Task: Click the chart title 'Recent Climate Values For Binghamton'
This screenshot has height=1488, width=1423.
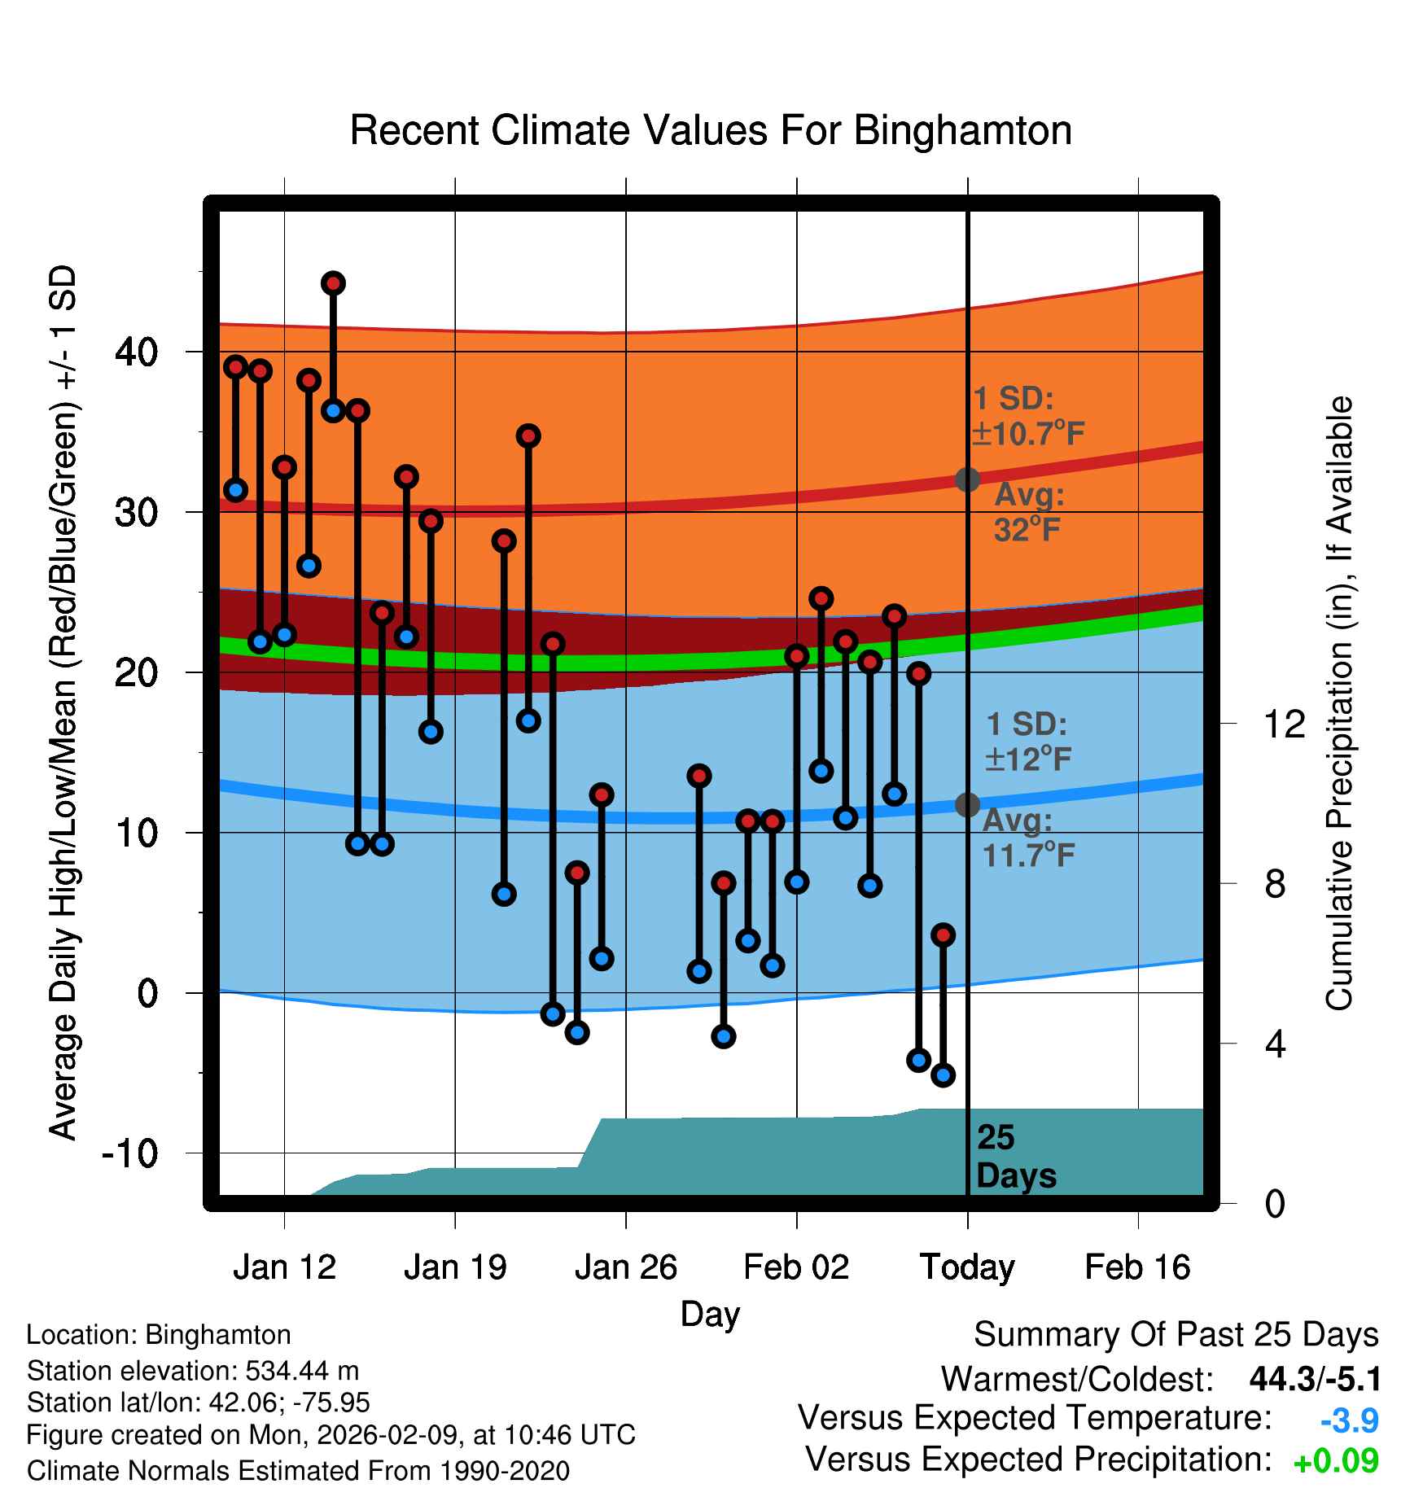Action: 711,130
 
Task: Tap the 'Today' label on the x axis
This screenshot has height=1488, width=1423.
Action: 967,1267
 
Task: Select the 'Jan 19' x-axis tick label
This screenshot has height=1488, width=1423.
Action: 455,1267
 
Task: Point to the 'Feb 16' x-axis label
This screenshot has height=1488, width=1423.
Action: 1137,1267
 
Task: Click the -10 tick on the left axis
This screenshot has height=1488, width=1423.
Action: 130,1153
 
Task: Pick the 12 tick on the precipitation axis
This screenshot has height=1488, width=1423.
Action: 1284,724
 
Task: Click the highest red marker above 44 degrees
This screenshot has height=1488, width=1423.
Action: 333,283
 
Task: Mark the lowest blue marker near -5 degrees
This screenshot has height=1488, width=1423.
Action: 943,1075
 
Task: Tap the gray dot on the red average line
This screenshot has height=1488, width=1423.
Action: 967,479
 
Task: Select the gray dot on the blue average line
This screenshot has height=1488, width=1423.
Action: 967,805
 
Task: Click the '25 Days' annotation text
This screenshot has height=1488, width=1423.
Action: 1015,1157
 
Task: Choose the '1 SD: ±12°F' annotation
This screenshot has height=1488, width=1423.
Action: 1027,742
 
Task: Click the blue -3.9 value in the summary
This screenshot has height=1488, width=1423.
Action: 1349,1420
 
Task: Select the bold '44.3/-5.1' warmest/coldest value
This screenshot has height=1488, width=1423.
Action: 1315,1379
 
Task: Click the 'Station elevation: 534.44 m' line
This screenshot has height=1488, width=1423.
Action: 193,1371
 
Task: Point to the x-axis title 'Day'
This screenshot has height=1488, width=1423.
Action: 710,1314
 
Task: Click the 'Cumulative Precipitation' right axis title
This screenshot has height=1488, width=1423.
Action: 1339,703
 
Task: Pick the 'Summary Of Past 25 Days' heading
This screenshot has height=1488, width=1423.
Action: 1176,1335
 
